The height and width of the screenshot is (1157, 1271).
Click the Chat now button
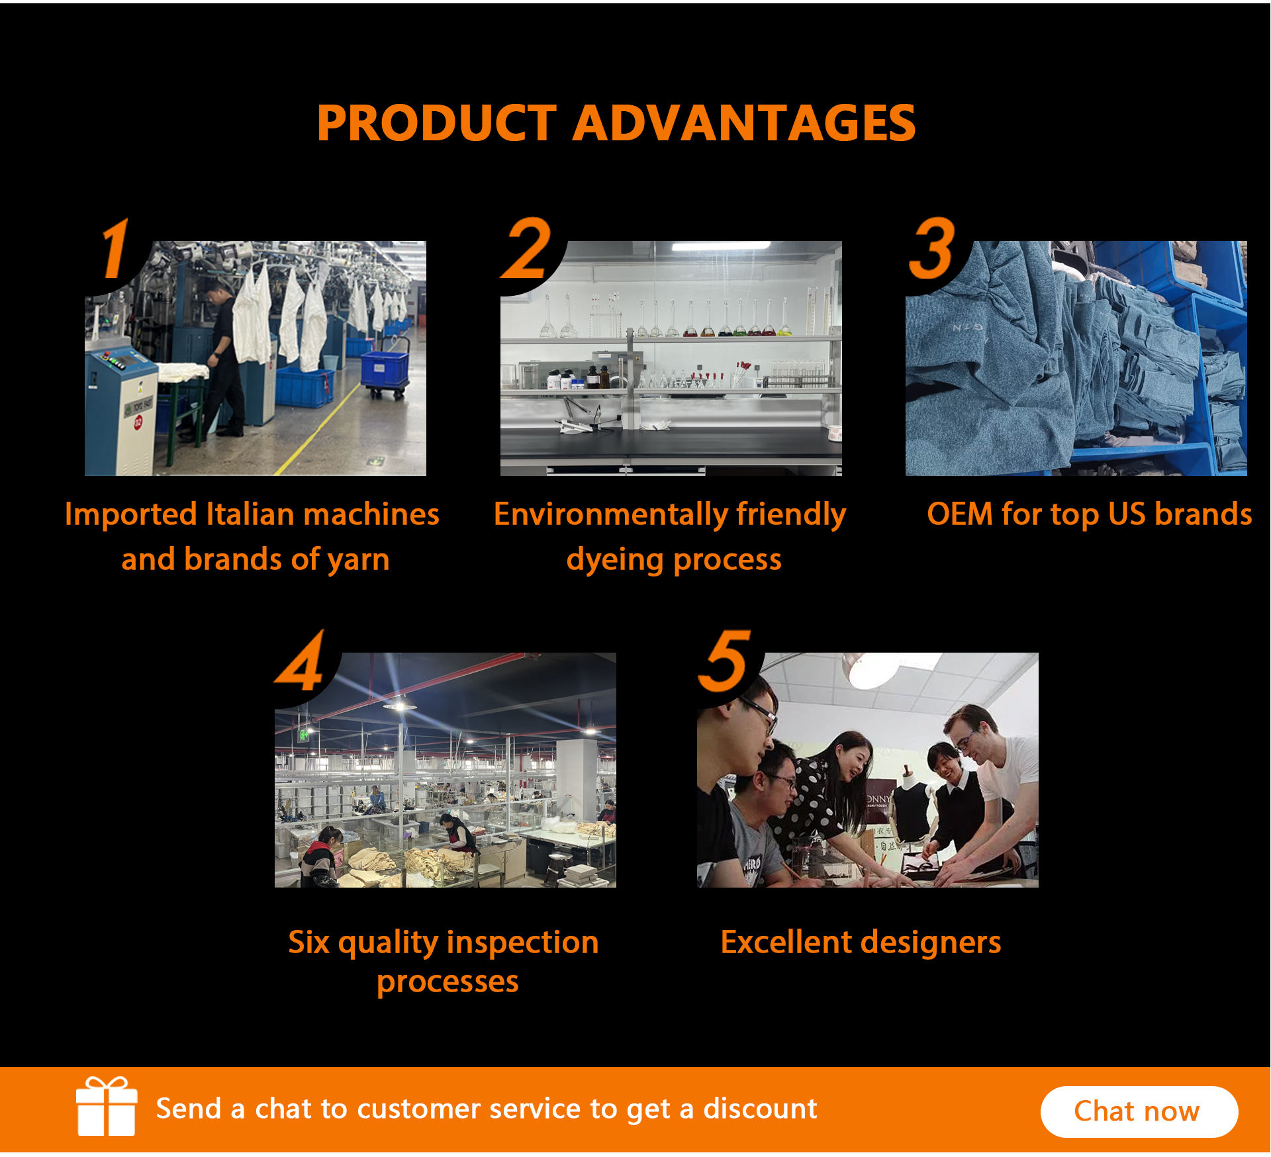pos(1139,1111)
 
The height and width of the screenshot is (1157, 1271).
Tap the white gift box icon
pos(107,1106)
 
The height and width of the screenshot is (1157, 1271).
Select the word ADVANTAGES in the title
pos(743,124)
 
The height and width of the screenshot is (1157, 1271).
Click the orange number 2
pos(527,250)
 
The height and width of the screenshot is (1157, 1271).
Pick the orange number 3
pos(932,250)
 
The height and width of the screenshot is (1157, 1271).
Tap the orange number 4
pos(302,661)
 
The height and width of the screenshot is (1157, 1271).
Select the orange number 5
pos(725,661)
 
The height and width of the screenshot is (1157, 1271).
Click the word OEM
pos(959,514)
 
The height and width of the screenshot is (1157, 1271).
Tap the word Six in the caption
pos(308,942)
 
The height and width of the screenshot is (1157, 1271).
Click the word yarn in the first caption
pos(358,560)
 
